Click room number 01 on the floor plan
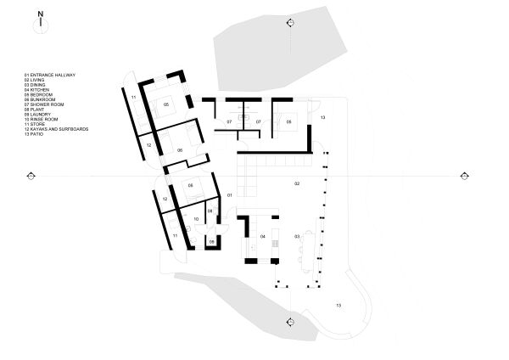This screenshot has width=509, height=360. (229, 195)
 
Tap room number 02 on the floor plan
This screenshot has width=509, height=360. (297, 183)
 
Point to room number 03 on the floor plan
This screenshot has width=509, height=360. (297, 235)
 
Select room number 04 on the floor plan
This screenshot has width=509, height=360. (263, 235)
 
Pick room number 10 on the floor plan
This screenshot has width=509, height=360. (196, 219)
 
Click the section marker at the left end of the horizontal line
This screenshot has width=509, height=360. (31, 176)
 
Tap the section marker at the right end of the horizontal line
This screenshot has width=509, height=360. (464, 176)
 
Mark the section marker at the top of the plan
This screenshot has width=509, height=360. (290, 23)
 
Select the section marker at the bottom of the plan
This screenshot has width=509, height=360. (290, 322)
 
